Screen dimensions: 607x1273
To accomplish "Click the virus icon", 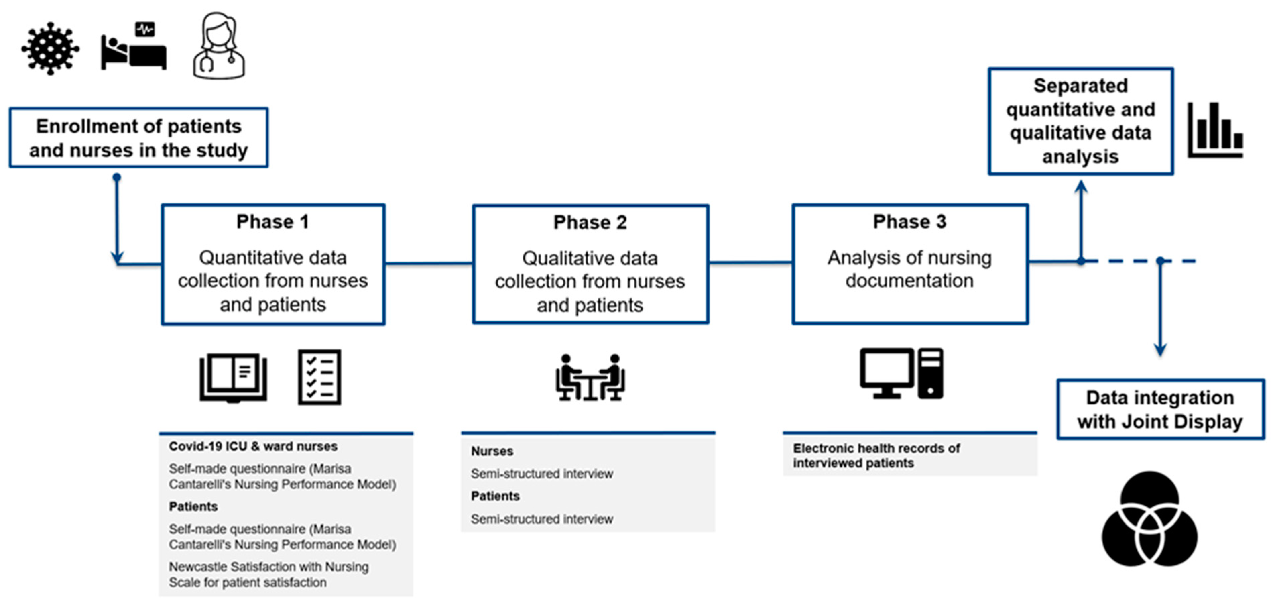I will [50, 48].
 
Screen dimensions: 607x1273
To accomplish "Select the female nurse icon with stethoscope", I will [219, 46].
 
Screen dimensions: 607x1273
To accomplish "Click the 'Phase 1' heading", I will [273, 222].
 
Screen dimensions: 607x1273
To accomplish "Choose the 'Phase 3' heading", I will [909, 222].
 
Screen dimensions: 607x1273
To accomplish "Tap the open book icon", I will [233, 378].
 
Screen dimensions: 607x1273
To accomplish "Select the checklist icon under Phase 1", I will [319, 378].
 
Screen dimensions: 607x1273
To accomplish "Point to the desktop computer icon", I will [901, 374].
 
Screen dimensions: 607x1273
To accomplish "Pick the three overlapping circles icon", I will [1149, 519].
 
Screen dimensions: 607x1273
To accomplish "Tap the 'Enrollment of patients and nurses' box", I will [138, 138].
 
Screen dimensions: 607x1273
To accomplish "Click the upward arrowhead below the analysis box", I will [1081, 187].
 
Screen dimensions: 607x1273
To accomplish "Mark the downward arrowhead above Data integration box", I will [1160, 350].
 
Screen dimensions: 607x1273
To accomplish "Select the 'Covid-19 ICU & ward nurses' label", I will [253, 446].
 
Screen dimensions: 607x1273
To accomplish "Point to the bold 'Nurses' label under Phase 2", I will [492, 451].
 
